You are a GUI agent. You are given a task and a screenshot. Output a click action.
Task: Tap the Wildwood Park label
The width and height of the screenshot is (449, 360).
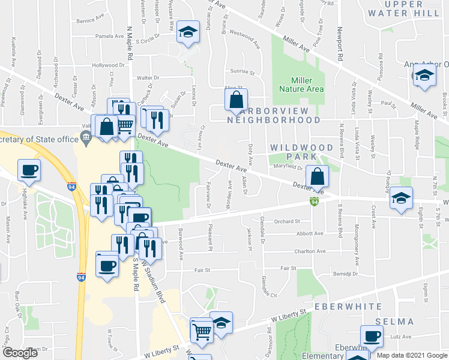click(x=301, y=152)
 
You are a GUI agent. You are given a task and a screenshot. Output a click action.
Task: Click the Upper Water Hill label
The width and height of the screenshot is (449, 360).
click(x=403, y=8)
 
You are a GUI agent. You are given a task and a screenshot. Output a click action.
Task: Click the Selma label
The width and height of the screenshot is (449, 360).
click(x=394, y=322)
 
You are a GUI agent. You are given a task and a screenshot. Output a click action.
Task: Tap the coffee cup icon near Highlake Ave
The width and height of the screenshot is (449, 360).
click(x=29, y=170)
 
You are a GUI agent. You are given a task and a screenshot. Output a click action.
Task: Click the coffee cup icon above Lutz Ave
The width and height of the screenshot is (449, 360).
click(x=371, y=335)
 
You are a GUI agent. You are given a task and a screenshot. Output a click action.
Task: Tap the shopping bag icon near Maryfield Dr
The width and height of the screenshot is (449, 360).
click(x=317, y=176)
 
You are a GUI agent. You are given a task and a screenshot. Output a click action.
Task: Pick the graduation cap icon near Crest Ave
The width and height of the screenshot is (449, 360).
click(x=401, y=199)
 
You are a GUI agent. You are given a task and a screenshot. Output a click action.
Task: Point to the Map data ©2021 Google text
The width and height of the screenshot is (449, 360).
click(x=411, y=355)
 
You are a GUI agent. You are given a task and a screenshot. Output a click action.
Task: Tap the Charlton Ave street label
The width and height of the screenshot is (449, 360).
click(x=309, y=251)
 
